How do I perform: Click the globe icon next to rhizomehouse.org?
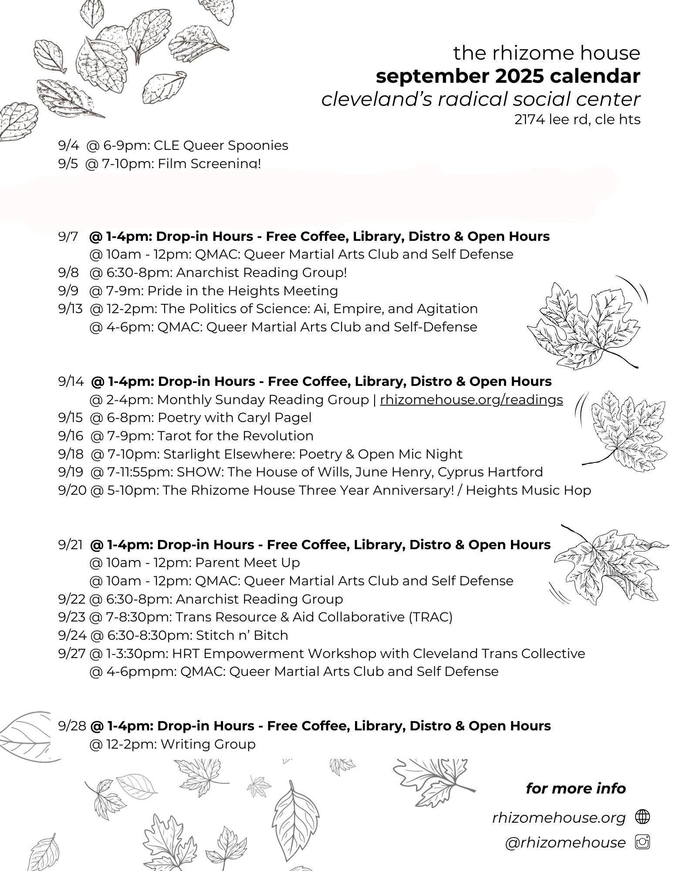643,817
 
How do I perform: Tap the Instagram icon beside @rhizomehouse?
643,843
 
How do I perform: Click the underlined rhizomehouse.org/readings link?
471,400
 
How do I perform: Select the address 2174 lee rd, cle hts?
577,119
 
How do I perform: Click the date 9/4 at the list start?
68,145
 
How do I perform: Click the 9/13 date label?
70,309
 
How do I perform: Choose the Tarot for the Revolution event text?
235,436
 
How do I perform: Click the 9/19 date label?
70,472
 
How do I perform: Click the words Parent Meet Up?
247,563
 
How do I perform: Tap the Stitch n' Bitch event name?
242,635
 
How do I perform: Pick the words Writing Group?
208,744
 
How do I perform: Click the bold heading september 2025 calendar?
508,76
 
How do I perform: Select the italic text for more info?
575,789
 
